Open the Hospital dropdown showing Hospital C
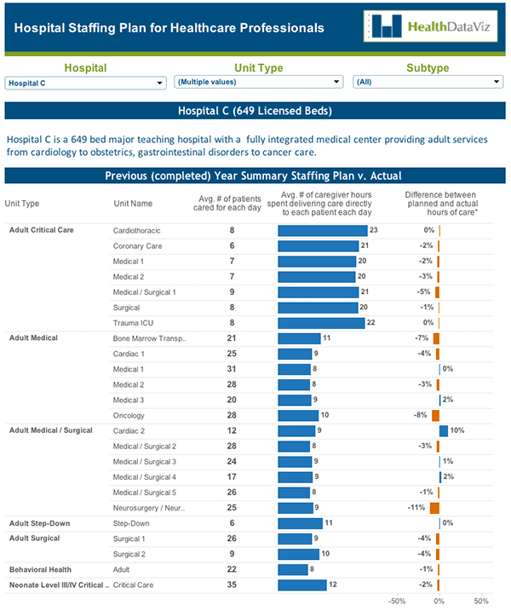click(85, 83)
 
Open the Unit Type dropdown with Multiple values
click(258, 82)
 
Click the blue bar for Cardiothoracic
click(322, 230)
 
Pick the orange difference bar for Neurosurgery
click(434, 508)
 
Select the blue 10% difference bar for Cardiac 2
click(444, 430)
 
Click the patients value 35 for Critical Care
click(231, 585)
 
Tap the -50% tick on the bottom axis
click(397, 601)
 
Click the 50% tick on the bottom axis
click(481, 601)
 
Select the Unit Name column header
click(133, 203)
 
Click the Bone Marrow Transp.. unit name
click(150, 338)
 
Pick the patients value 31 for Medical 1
click(231, 369)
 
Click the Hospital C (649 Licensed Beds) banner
click(255, 111)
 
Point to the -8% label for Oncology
click(420, 415)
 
